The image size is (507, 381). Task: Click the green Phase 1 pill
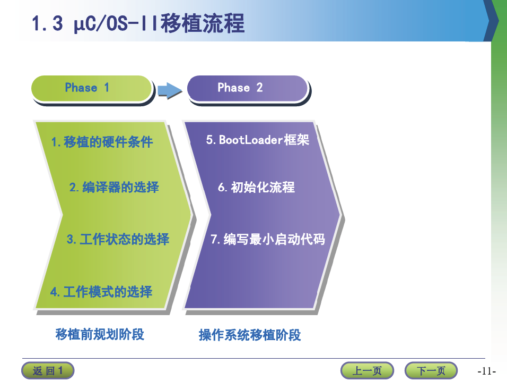tap(92, 88)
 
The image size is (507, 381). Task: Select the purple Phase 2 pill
tap(247, 88)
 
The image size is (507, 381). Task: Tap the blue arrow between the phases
tap(170, 90)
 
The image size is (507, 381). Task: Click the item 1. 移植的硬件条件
tap(102, 142)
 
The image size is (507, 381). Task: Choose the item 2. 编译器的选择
tap(114, 187)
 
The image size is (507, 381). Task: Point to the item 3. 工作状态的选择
tap(118, 239)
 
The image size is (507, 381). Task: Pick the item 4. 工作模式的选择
tap(101, 292)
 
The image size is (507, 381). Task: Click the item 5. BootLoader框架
tap(258, 140)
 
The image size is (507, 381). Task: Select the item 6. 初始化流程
tap(256, 187)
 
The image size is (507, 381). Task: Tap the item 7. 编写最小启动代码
tap(268, 239)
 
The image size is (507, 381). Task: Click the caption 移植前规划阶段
tap(100, 334)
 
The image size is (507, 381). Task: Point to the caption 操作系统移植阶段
tap(250, 335)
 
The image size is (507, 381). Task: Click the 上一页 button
tap(367, 370)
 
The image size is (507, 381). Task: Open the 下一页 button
tap(431, 370)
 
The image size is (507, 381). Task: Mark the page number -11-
tap(486, 371)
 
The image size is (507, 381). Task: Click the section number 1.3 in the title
tap(47, 23)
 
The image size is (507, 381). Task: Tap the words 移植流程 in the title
tap(203, 23)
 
